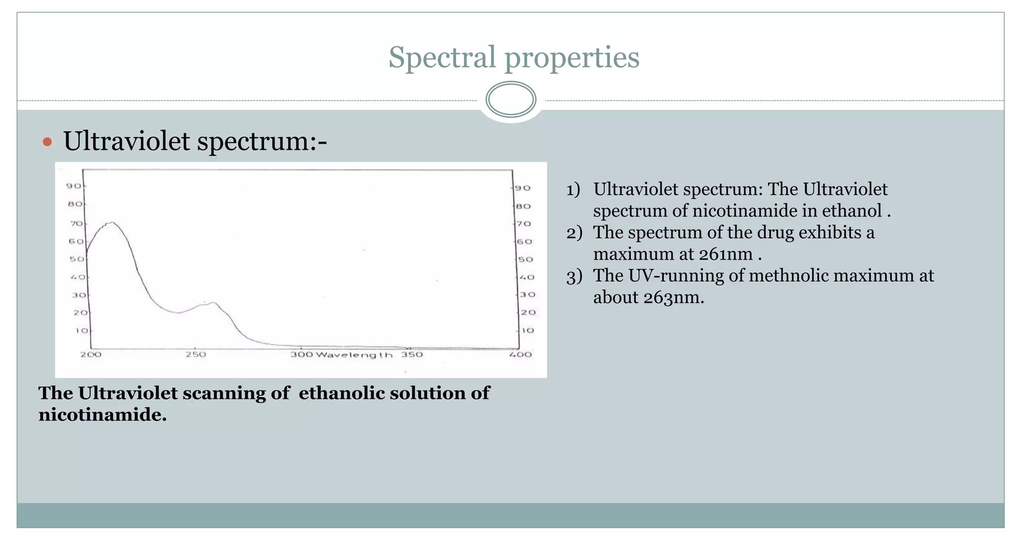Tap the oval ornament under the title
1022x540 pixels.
[x=511, y=100]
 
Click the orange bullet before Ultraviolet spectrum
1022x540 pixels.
[x=47, y=142]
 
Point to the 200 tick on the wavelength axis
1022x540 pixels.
[x=91, y=354]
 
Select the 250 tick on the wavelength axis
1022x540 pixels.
[x=196, y=354]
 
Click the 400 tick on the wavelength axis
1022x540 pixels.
[x=520, y=354]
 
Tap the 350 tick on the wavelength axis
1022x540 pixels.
[x=412, y=354]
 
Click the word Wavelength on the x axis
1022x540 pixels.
[x=354, y=355]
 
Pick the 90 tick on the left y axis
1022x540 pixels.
[x=74, y=186]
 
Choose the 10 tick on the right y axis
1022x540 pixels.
[x=527, y=330]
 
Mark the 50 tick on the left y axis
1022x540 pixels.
[x=77, y=259]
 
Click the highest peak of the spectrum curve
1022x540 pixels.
[x=112, y=223]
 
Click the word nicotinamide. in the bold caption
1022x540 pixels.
[x=102, y=414]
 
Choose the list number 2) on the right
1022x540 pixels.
[x=574, y=233]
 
